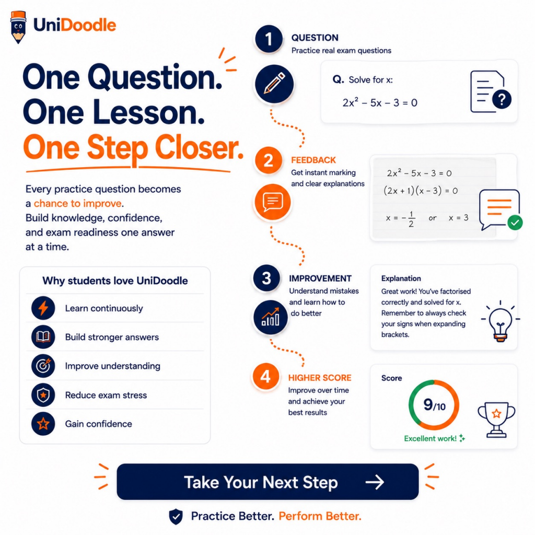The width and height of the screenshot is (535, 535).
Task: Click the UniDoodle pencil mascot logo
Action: point(18,27)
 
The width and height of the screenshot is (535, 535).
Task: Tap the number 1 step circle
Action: point(269,39)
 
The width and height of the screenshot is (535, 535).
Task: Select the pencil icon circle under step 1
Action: point(274,84)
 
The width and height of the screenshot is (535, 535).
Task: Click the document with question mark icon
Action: point(490,92)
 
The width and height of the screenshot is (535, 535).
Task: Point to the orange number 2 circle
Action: point(268,160)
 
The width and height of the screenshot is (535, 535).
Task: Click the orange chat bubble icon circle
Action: point(272,202)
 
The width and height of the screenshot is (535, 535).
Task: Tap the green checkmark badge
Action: point(515,223)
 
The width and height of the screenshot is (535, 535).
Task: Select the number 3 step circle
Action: point(266,278)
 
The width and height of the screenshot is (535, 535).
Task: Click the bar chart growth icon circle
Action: point(270,317)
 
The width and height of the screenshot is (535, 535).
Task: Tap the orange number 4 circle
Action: point(265,377)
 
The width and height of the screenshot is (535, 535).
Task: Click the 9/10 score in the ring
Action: point(434,405)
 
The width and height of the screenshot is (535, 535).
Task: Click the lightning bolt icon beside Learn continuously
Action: point(43,308)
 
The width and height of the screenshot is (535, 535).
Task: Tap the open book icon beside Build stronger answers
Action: point(43,337)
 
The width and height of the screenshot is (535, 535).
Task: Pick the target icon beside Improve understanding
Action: point(43,366)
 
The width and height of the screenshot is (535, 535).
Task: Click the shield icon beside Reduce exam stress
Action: point(43,395)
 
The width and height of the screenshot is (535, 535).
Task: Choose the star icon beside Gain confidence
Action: point(43,424)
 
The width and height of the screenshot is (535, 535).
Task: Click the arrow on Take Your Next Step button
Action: point(375,482)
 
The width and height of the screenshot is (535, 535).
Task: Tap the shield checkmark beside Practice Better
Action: point(176,516)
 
